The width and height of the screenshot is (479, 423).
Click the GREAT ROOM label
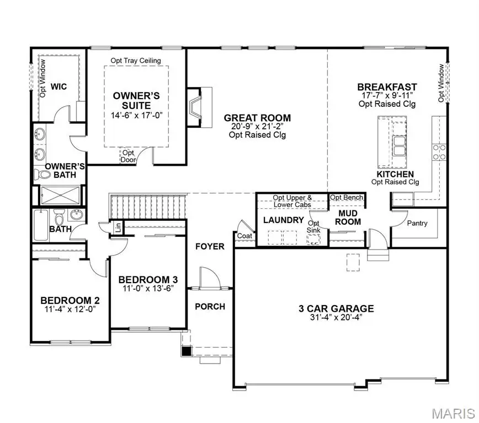coord(257,118)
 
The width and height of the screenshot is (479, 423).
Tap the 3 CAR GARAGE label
coord(337,308)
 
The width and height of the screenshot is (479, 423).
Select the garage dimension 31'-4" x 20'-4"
coord(337,318)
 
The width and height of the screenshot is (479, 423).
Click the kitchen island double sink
coord(398,144)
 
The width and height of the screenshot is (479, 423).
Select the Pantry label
coord(417,224)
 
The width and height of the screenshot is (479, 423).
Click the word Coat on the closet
coord(244,236)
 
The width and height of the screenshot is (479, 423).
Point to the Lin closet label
coord(118,226)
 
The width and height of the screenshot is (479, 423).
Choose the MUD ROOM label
coord(349,217)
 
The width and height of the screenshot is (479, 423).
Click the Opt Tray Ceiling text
coord(136,60)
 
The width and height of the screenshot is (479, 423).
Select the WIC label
coord(59,86)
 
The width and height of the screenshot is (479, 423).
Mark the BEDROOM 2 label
coord(70,300)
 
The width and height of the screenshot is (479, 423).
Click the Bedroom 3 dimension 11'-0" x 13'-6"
coord(148,288)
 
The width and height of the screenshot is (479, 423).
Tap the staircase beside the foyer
coord(147,206)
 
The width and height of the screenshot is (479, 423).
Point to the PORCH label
coord(210,306)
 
